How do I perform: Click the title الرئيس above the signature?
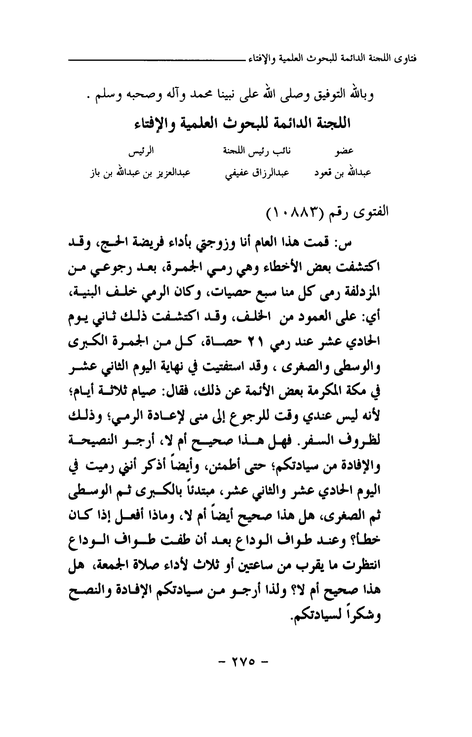(133, 149)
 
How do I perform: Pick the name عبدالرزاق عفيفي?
(246, 174)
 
